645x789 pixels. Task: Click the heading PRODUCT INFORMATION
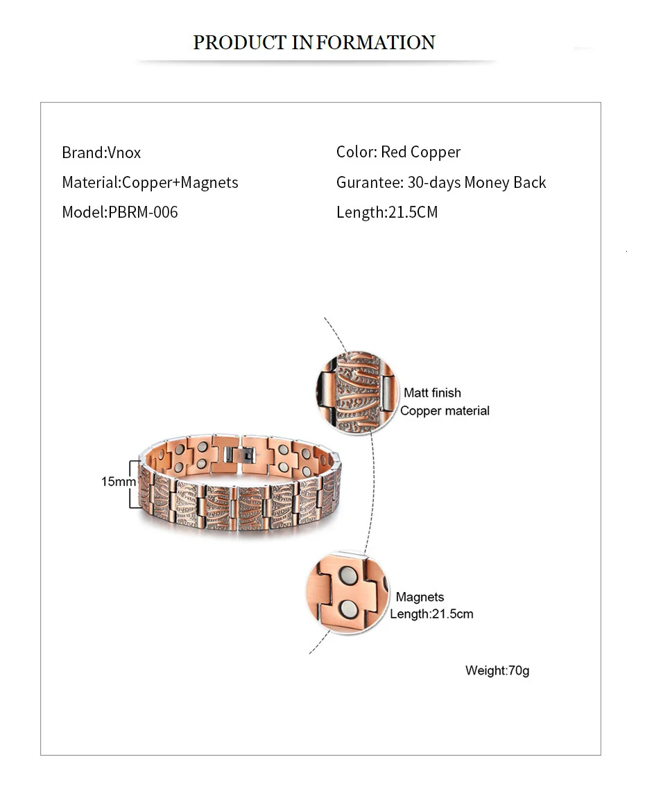313,43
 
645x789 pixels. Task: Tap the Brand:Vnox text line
101,153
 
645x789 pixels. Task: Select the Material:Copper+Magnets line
150,182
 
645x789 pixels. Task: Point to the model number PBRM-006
143,212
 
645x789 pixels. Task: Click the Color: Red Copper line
398,153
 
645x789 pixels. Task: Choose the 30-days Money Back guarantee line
441,182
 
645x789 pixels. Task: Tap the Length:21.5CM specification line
387,212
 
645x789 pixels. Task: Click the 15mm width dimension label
115,480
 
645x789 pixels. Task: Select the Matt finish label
432,393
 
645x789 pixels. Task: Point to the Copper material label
445,410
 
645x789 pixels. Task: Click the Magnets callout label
420,597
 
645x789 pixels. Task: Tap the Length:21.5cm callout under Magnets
431,614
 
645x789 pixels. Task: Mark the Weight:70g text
497,670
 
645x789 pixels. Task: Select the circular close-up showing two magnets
346,593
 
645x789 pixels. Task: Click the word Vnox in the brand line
124,153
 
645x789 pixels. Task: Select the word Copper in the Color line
436,153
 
